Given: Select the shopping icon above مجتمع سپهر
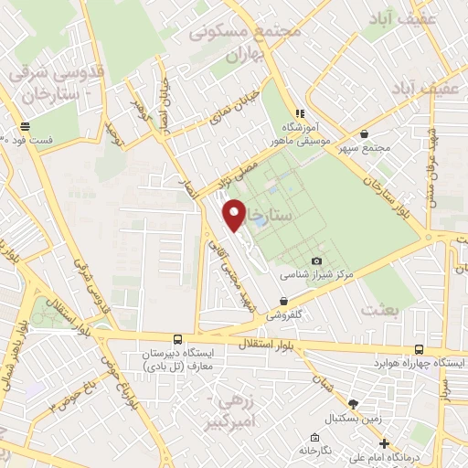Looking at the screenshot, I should point(364,133).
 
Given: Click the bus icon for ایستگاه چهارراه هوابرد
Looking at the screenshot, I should point(419,348).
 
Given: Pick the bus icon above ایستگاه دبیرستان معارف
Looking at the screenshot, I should point(177,338).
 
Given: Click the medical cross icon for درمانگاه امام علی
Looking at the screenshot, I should point(385,442).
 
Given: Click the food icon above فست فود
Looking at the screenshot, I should point(24,127).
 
